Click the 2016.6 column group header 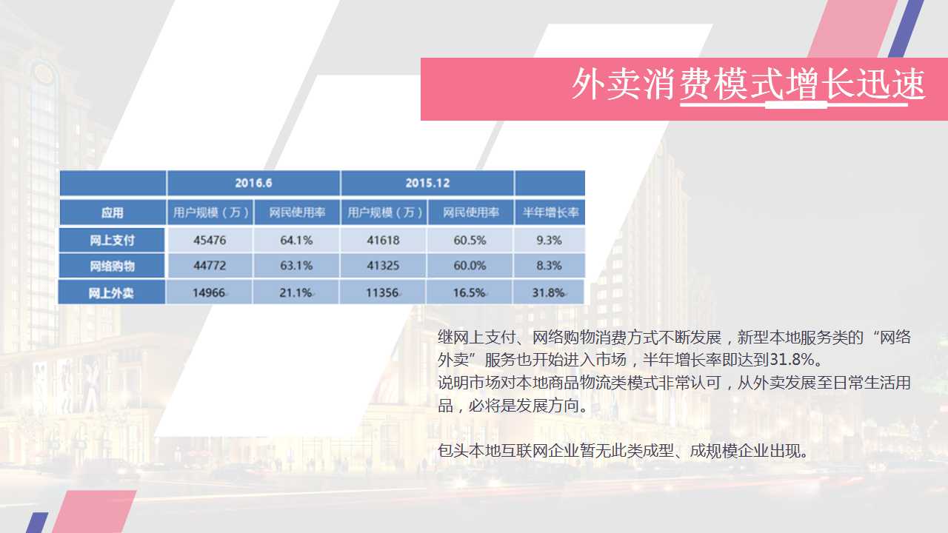coord(253,183)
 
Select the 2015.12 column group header coord(427,183)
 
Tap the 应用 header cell coord(113,212)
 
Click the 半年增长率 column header coord(550,212)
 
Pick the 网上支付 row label coord(112,241)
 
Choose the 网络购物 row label coord(112,266)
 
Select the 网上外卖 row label coord(111,292)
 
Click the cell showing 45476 coord(210,241)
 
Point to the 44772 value coord(210,266)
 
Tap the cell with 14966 coord(209,292)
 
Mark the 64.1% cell coord(296,241)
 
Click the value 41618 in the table coord(384,241)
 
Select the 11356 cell coord(383,292)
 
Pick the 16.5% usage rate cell coord(470,292)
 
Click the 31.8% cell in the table coord(549,292)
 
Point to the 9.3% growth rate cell coord(550,241)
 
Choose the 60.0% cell coord(470,266)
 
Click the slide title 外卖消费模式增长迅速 coord(748,84)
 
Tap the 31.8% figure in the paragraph coord(792,360)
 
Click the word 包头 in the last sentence coord(453,451)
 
